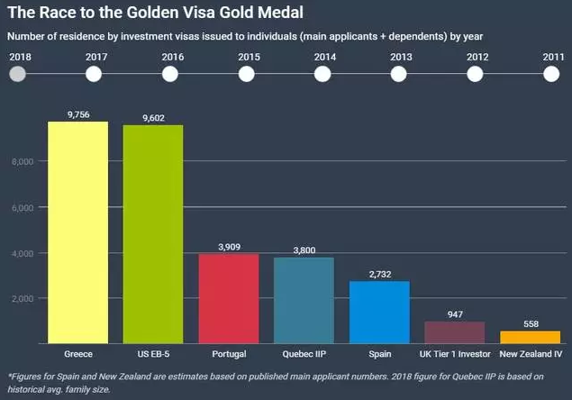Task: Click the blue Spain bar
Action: tap(379, 312)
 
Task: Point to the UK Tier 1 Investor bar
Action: tap(455, 332)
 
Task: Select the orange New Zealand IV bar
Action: tap(530, 337)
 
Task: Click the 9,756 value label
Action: tap(79, 114)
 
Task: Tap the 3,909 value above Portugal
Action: tap(229, 246)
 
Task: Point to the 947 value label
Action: tap(455, 314)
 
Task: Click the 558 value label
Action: tap(530, 323)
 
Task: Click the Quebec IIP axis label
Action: tap(304, 353)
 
